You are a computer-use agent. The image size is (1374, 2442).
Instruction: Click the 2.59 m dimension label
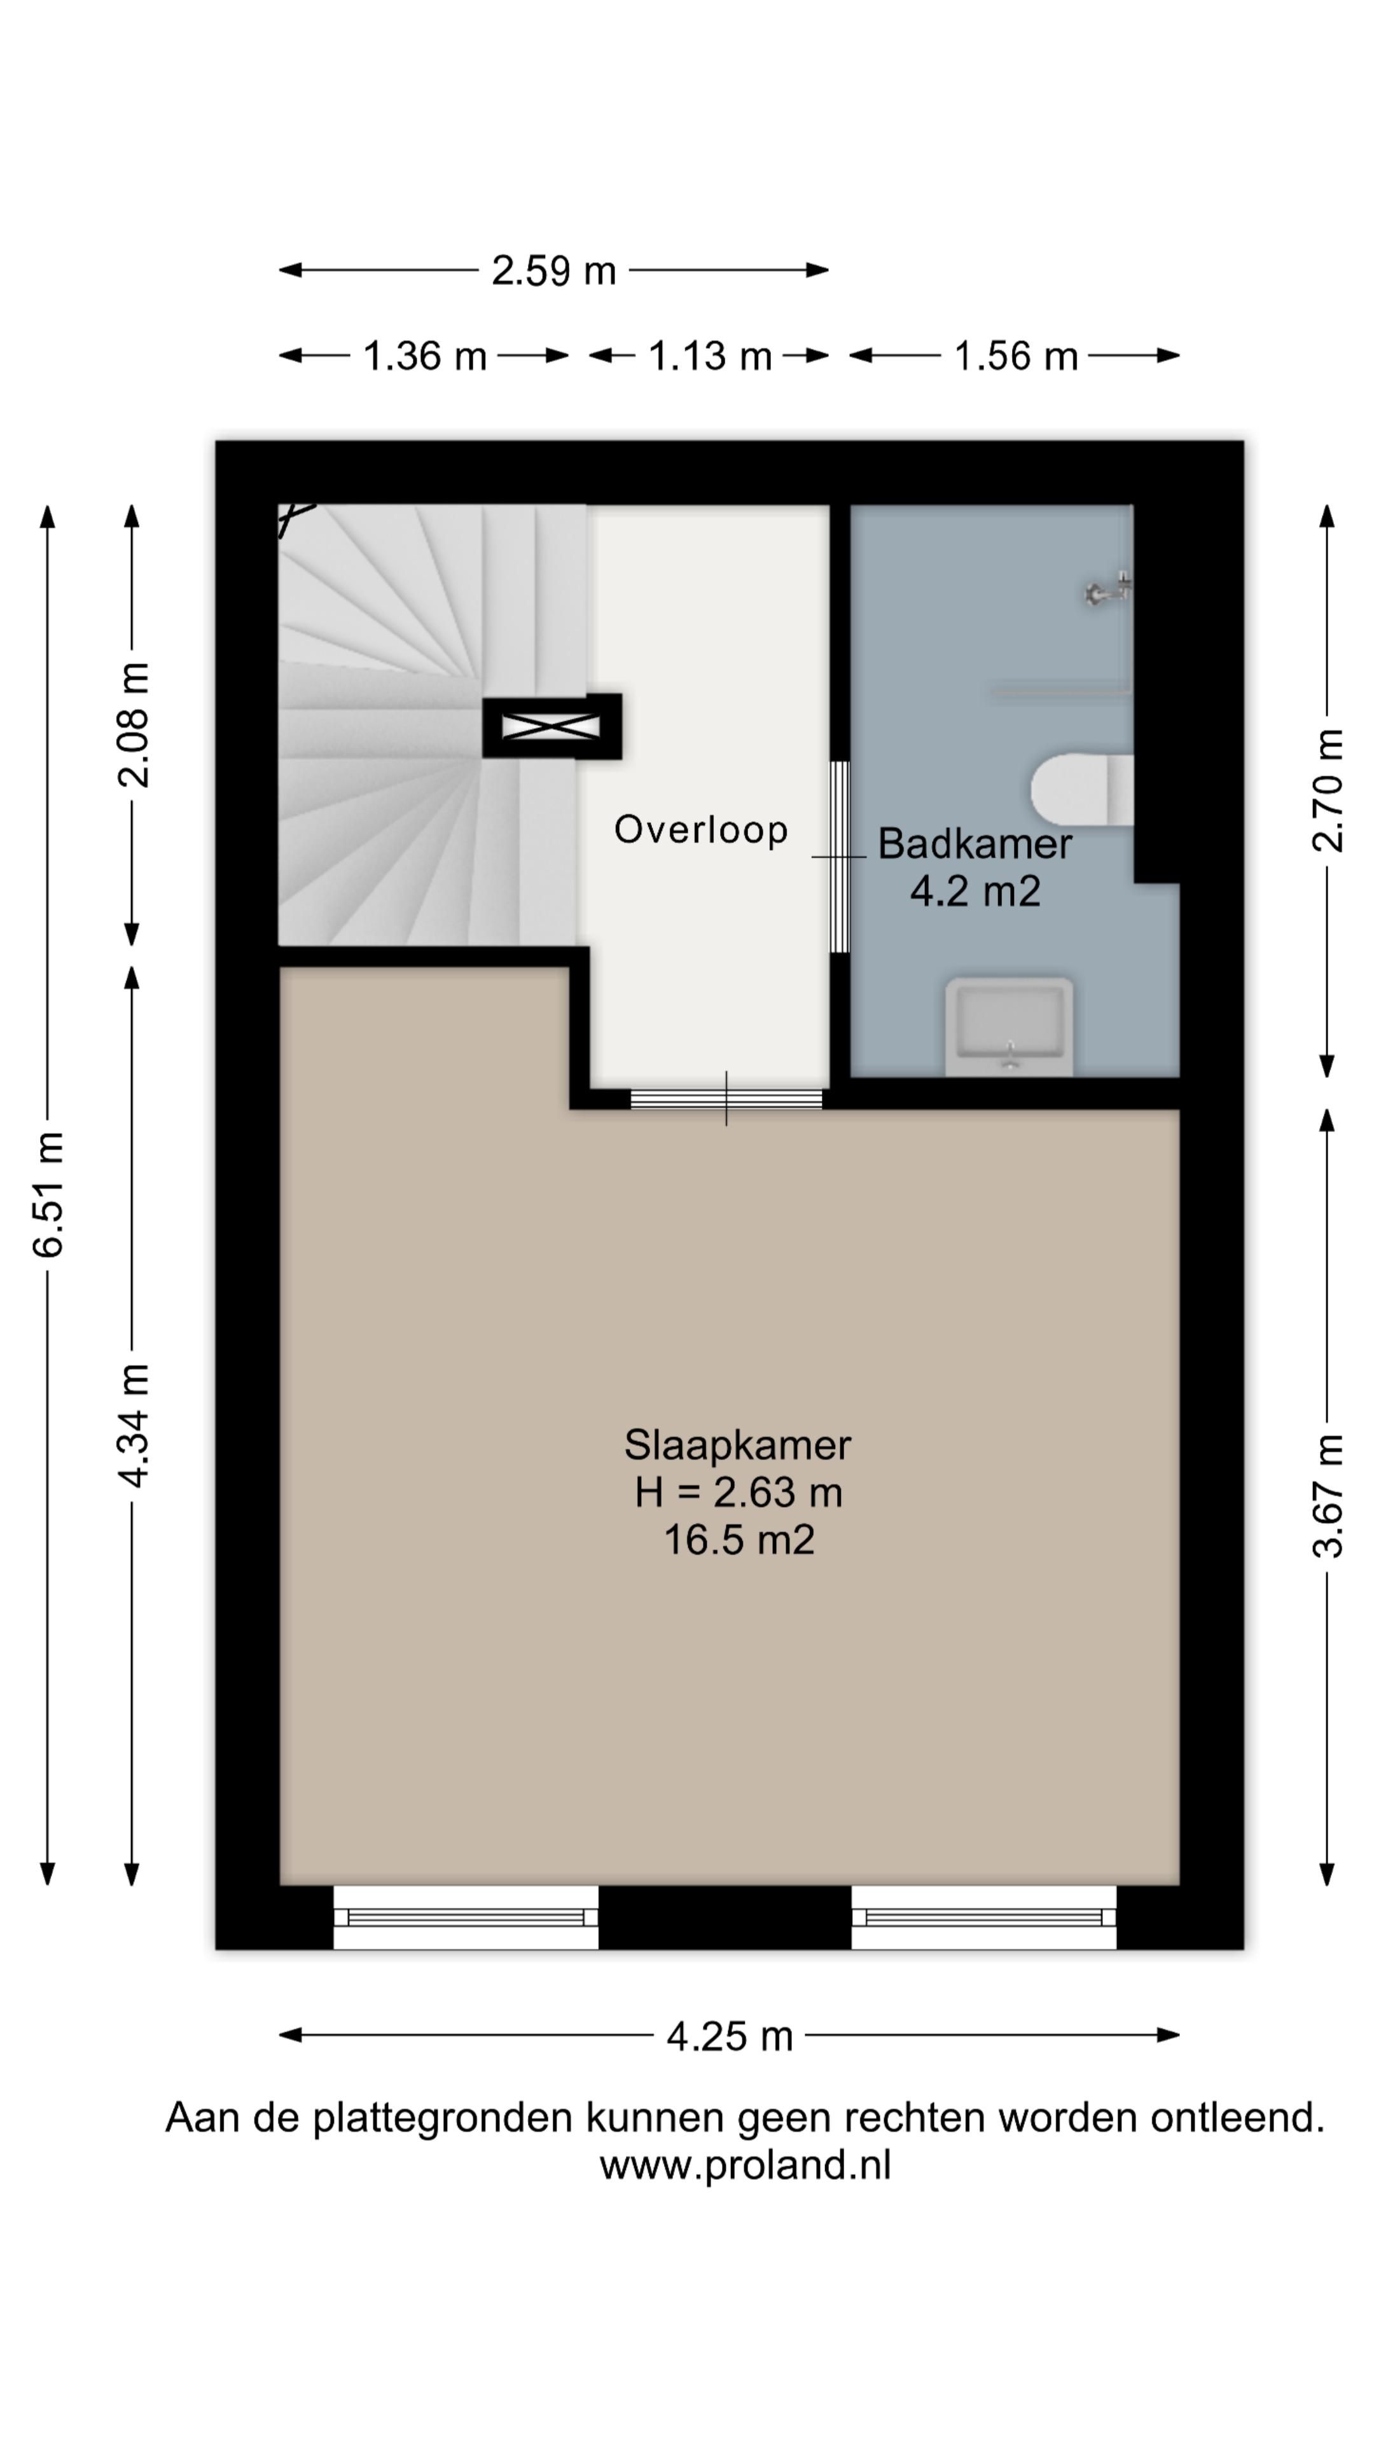coord(554,271)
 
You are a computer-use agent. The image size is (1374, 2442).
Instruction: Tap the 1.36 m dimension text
coord(425,356)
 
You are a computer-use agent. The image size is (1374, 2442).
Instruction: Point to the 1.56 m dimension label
coord(1016,356)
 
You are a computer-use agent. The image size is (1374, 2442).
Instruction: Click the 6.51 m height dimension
coord(48,1194)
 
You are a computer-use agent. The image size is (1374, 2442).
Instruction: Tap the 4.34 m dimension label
coord(134,1426)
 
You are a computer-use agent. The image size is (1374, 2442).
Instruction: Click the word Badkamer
coord(975,844)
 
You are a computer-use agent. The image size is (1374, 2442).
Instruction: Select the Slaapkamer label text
coord(737,1445)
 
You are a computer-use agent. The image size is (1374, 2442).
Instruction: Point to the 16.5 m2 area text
coord(739,1540)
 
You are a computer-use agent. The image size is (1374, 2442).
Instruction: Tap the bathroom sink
coord(1009,1028)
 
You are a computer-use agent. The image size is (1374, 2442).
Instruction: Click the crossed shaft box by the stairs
coord(552,726)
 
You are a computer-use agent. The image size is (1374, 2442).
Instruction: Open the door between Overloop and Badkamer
coord(839,857)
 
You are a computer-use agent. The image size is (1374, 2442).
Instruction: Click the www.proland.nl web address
coord(746,2166)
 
